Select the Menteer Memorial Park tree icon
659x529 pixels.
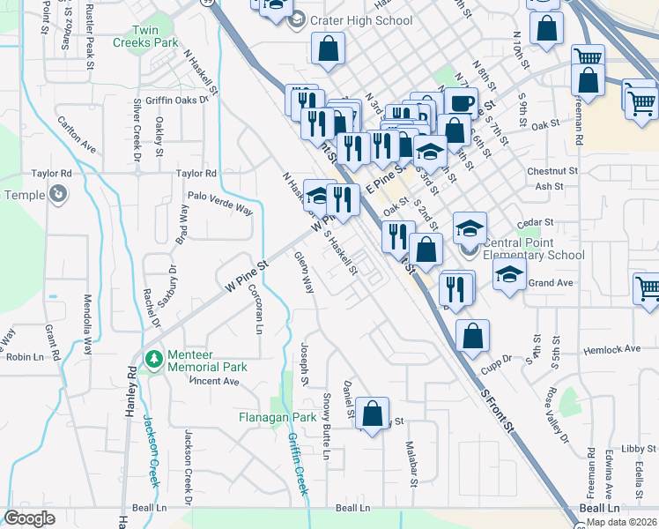[x=154, y=359]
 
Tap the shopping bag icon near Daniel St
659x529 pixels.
[x=373, y=412]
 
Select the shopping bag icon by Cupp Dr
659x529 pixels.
[x=473, y=335]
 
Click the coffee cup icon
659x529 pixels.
[x=460, y=102]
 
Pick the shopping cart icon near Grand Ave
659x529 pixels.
[x=648, y=288]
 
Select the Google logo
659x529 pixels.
[x=29, y=518]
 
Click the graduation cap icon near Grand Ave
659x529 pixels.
[x=509, y=275]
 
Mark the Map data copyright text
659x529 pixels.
[x=621, y=522]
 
